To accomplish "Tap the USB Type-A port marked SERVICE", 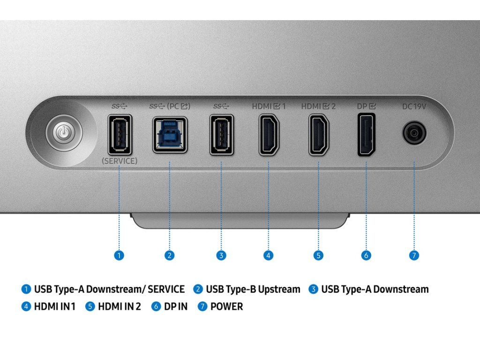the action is click(120, 135).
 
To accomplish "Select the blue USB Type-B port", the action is click(170, 135).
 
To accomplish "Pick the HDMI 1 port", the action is click(270, 135).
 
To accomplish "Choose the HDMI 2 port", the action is click(319, 135).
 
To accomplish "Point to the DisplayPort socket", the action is click(366, 135).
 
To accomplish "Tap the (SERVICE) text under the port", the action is click(120, 161).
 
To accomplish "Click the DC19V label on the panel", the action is click(414, 106).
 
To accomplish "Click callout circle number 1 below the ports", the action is click(119, 255).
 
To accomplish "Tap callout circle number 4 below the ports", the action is click(268, 255).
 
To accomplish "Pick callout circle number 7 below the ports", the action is click(413, 255).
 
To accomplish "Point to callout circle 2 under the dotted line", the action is click(170, 255).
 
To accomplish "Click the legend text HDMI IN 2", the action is click(119, 307).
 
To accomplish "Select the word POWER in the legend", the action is click(226, 307).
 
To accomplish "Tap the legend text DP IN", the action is click(175, 307).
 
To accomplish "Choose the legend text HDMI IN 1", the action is click(54, 307).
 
